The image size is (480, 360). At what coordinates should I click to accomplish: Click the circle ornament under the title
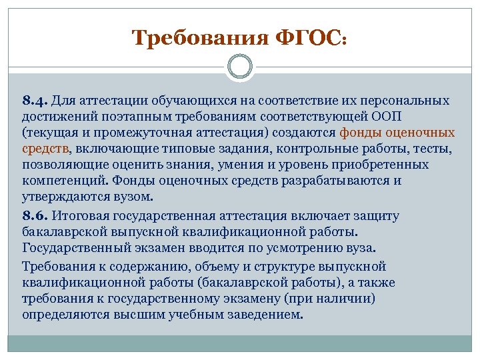(239, 67)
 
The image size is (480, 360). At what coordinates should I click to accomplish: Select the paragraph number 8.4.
(35, 100)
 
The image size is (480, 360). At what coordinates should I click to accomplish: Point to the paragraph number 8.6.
(35, 216)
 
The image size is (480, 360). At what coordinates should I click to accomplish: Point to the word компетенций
(65, 181)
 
